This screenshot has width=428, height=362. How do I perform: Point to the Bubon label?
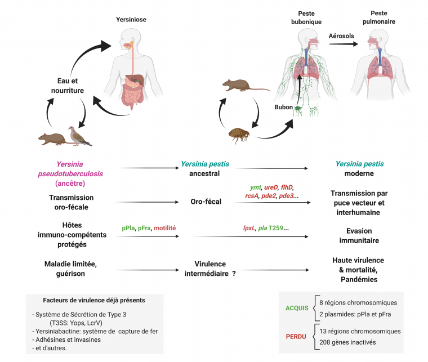point(283,106)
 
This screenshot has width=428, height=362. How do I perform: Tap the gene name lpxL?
point(248,228)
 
